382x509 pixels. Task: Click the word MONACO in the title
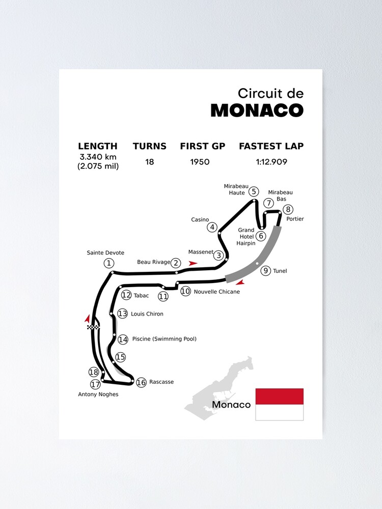(x=257, y=110)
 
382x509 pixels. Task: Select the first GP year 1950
(x=200, y=162)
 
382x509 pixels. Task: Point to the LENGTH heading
(x=98, y=146)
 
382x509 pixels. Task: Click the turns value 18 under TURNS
(x=149, y=162)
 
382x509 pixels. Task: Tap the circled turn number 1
(x=108, y=263)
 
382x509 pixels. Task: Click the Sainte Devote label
(x=105, y=252)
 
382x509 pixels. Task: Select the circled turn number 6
(x=261, y=236)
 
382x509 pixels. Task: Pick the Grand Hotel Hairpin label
(x=246, y=237)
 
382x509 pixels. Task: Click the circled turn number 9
(x=266, y=271)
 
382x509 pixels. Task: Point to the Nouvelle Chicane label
(x=216, y=292)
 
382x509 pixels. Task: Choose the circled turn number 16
(x=141, y=382)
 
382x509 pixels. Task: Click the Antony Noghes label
(x=98, y=394)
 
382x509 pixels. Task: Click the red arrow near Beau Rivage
(x=193, y=263)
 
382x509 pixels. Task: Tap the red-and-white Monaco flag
(x=279, y=404)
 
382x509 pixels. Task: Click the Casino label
(x=200, y=219)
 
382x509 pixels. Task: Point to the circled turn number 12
(x=126, y=295)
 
